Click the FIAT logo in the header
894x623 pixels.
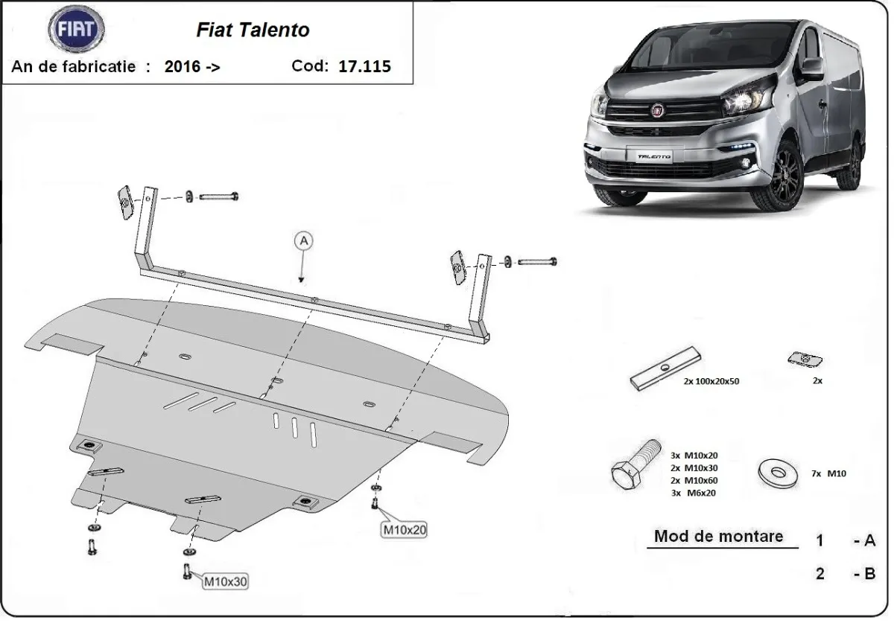click(x=76, y=31)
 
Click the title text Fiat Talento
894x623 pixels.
click(x=253, y=30)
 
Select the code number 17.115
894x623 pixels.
click(x=364, y=66)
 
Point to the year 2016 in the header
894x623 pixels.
click(x=183, y=66)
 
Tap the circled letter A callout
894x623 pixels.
click(x=303, y=240)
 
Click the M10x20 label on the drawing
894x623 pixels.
click(x=405, y=529)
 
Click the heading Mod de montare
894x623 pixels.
click(x=718, y=536)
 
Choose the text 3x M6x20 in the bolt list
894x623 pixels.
click(x=694, y=493)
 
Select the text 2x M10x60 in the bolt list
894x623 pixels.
click(x=694, y=480)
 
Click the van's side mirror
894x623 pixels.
click(x=812, y=68)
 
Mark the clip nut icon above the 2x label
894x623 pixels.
click(x=804, y=360)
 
